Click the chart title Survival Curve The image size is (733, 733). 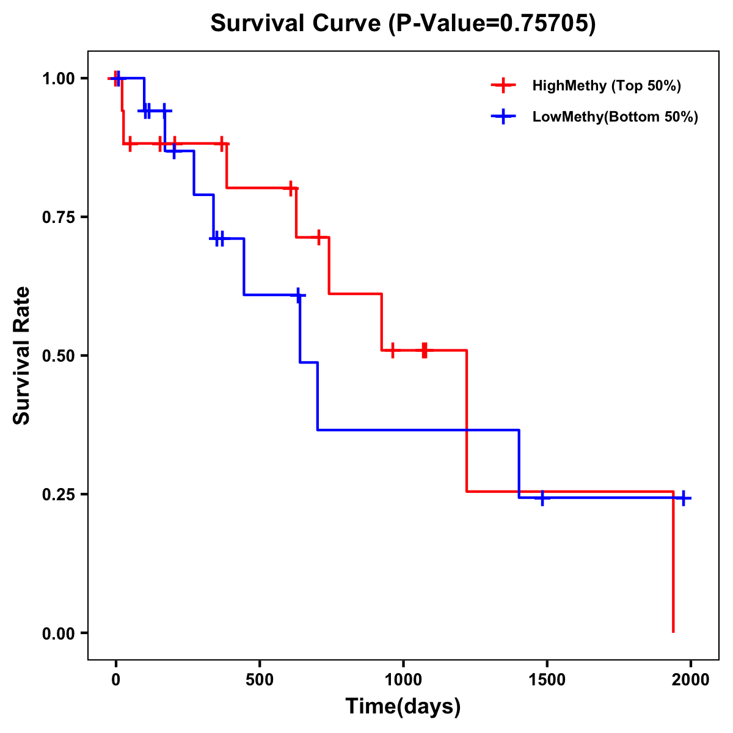coord(403,24)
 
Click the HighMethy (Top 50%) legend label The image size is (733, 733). coord(606,86)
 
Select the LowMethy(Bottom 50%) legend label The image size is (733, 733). coord(614,117)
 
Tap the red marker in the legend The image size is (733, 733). coord(503,86)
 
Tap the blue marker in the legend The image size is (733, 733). coord(503,117)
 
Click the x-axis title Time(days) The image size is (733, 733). coord(403,707)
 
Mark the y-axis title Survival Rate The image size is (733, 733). coord(22,356)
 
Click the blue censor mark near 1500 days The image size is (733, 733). coord(542,498)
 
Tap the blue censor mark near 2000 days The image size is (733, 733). coord(683,498)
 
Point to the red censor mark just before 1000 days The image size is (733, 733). coord(392,350)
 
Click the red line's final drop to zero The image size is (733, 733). coord(673,562)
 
